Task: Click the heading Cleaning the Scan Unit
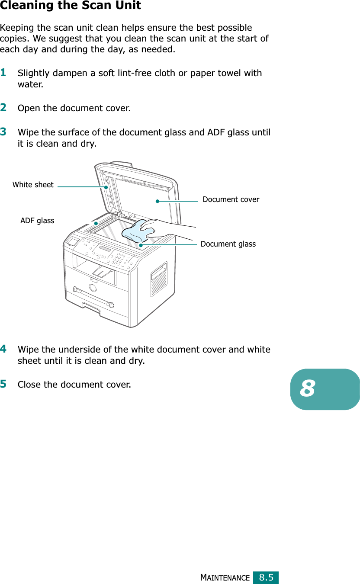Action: (x=71, y=6)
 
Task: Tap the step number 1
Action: (x=3, y=72)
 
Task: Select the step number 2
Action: (x=3, y=107)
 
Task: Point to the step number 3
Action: (x=3, y=131)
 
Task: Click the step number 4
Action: (x=3, y=349)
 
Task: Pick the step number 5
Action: (x=3, y=384)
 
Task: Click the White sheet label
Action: (x=33, y=185)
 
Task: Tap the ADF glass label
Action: (x=37, y=221)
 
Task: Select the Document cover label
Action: (x=231, y=199)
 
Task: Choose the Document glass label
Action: (x=228, y=244)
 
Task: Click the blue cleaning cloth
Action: (x=135, y=231)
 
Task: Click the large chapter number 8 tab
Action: (x=325, y=389)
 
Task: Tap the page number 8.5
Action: (x=266, y=577)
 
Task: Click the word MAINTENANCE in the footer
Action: (x=225, y=578)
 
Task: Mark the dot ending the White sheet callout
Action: (x=106, y=187)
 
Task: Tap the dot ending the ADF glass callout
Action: (x=96, y=223)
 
